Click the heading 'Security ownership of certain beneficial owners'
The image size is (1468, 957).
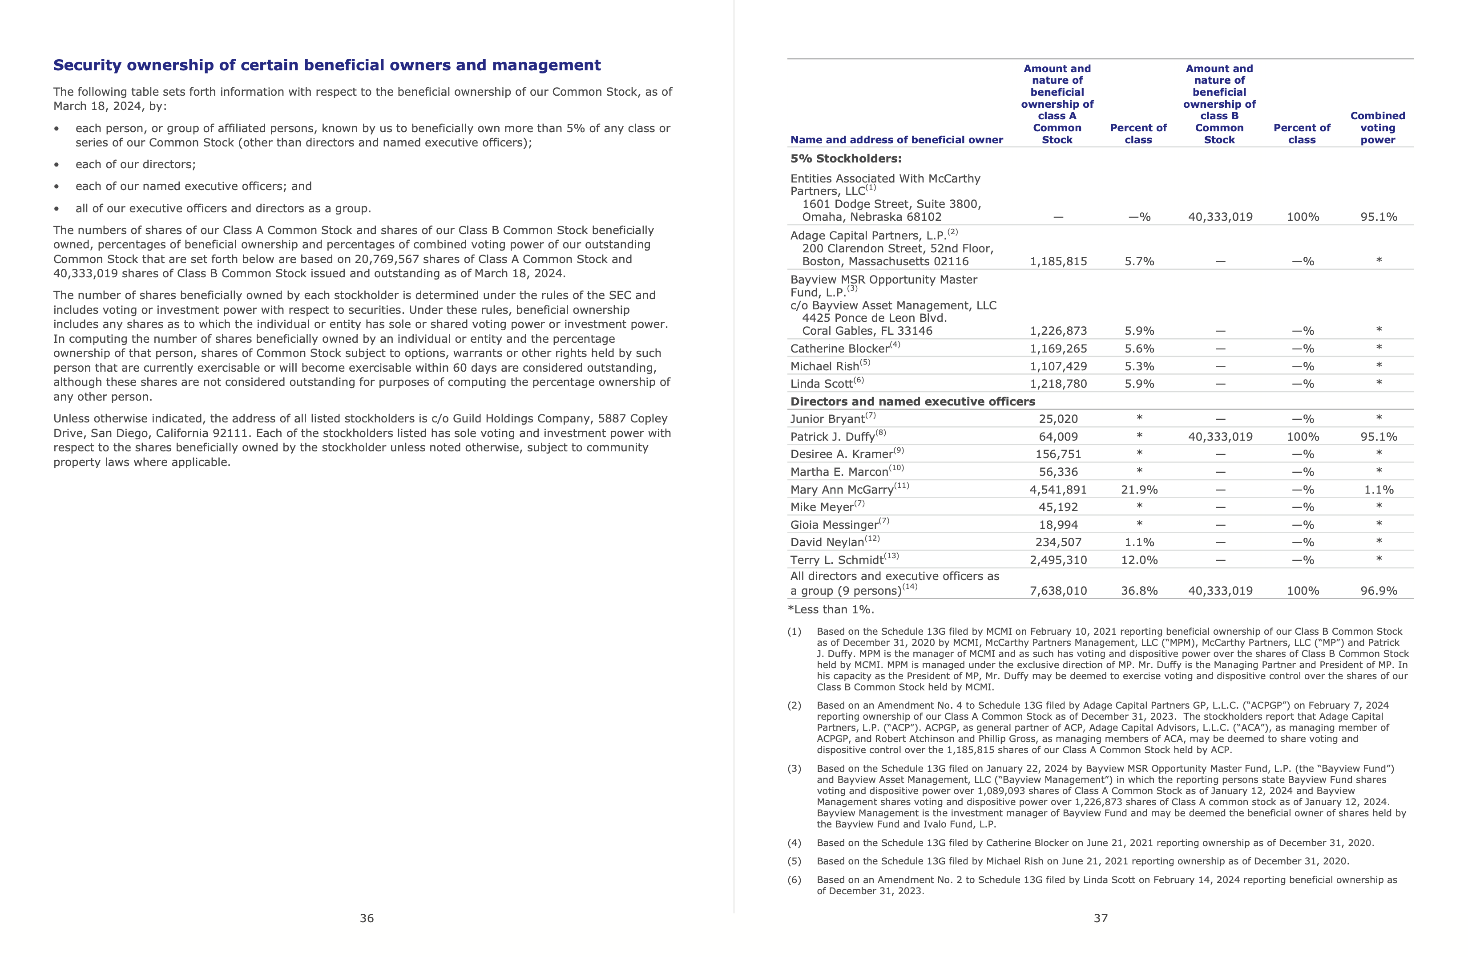pyautogui.click(x=327, y=65)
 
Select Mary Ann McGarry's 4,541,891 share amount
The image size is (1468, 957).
pyautogui.click(x=1058, y=490)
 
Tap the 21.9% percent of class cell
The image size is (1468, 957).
pyautogui.click(x=1139, y=490)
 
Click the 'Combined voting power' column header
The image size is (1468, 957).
pyautogui.click(x=1377, y=128)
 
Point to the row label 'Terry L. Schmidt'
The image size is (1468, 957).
pyautogui.click(x=837, y=560)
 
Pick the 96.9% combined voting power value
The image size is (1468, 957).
pyautogui.click(x=1378, y=591)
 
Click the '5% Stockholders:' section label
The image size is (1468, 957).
pyautogui.click(x=846, y=158)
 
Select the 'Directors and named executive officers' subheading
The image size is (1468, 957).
pyautogui.click(x=912, y=401)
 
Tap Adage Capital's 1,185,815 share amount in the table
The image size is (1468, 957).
pyautogui.click(x=1058, y=262)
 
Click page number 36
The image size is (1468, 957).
pyautogui.click(x=367, y=918)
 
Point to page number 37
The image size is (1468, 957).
pyautogui.click(x=1101, y=918)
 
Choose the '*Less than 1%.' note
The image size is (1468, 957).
pyautogui.click(x=831, y=610)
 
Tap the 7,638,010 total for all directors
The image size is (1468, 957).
pyautogui.click(x=1058, y=591)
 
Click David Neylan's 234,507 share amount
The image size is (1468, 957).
pyautogui.click(x=1058, y=542)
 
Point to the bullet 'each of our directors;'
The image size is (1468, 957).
pyautogui.click(x=135, y=165)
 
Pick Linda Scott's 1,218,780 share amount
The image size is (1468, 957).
pyautogui.click(x=1058, y=384)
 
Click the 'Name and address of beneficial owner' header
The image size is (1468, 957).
pyautogui.click(x=896, y=140)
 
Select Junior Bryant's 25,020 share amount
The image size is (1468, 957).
pyautogui.click(x=1058, y=419)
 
